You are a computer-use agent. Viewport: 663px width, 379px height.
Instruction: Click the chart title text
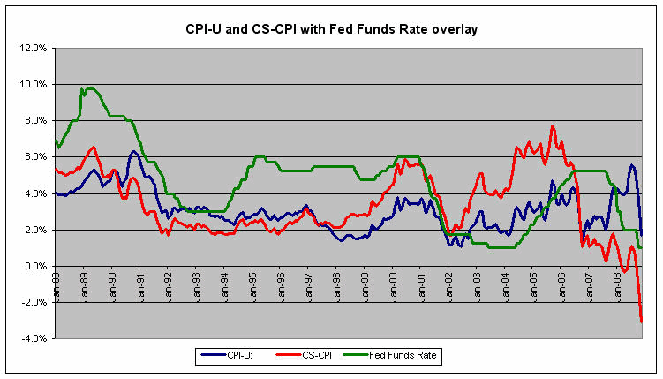pos(331,29)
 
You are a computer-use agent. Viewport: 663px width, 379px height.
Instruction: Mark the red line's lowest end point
pos(641,322)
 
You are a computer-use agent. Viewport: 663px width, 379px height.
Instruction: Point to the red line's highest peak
pos(552,126)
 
